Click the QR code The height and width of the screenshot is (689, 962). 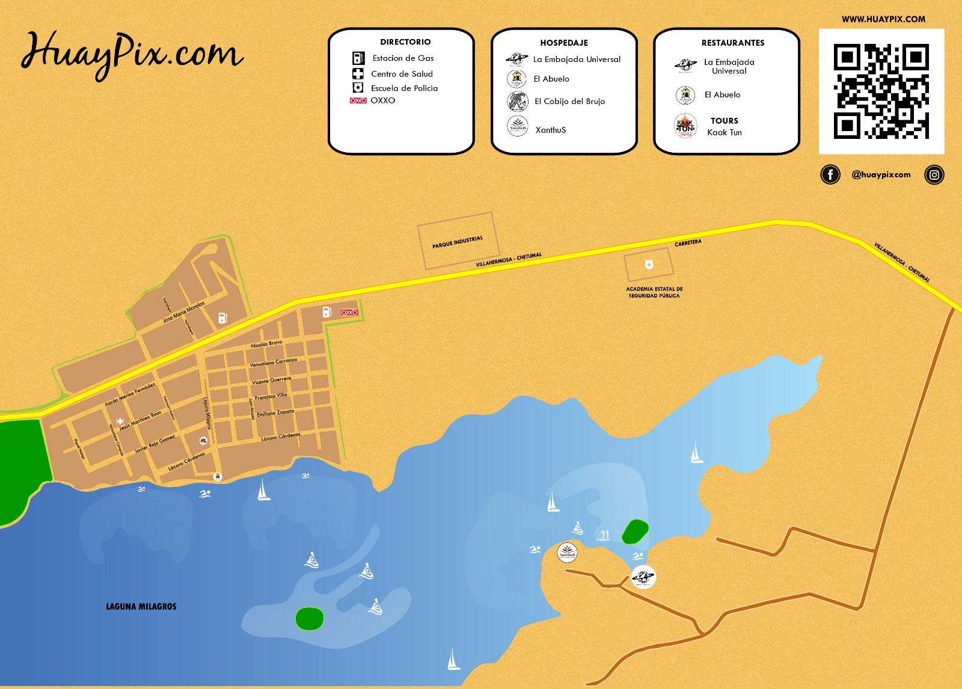[x=881, y=91]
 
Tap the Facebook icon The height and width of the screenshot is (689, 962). [x=830, y=175]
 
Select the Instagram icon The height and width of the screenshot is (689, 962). [x=934, y=175]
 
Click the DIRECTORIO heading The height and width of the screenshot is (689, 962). [x=405, y=42]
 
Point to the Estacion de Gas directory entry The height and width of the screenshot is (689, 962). [x=403, y=58]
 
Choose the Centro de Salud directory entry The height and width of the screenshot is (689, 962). [x=402, y=74]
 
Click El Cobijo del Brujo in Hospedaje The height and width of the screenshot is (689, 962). [x=569, y=102]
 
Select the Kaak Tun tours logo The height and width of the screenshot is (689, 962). [x=685, y=126]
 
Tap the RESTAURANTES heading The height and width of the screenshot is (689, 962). [x=733, y=43]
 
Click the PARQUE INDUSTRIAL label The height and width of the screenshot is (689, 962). [x=458, y=242]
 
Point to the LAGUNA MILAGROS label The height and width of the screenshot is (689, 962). [x=141, y=607]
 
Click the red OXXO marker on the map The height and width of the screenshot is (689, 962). [x=349, y=312]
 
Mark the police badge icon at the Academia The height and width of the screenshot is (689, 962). [x=649, y=265]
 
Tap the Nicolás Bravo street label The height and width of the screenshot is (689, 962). [x=266, y=344]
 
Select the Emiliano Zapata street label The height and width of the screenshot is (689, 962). [x=275, y=413]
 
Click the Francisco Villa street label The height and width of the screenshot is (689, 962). [x=271, y=397]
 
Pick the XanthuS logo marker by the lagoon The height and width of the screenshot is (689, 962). [x=567, y=551]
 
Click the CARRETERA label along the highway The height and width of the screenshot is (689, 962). [x=688, y=243]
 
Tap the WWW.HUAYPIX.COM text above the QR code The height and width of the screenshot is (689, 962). [x=883, y=19]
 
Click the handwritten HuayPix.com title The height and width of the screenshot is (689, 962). [x=132, y=53]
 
